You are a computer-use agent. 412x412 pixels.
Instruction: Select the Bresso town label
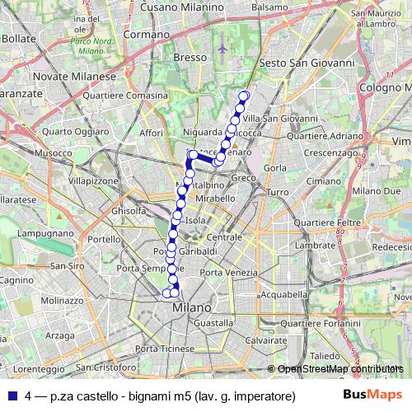point(190,57)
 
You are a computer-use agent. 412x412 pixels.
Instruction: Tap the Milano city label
point(192,307)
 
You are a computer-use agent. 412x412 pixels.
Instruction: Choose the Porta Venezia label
point(224,273)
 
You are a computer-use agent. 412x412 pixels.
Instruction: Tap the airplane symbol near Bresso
point(223,49)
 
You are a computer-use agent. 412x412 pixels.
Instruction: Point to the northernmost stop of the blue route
point(244,96)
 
